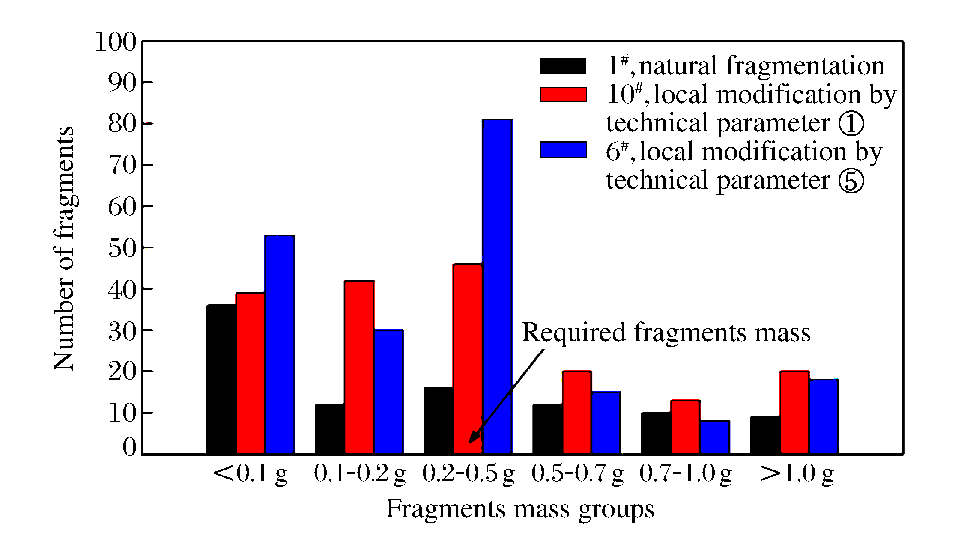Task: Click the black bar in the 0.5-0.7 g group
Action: click(547, 428)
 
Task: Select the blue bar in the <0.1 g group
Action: click(280, 344)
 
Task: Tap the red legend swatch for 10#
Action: click(563, 95)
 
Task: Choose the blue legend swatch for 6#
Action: click(563, 150)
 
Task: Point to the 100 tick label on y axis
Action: click(116, 42)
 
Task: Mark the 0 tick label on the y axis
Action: click(129, 448)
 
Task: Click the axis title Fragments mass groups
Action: click(520, 509)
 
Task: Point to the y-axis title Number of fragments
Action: click(64, 248)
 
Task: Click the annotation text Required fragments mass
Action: click(666, 333)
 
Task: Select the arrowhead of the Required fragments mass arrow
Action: click(472, 440)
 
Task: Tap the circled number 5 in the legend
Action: click(851, 181)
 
